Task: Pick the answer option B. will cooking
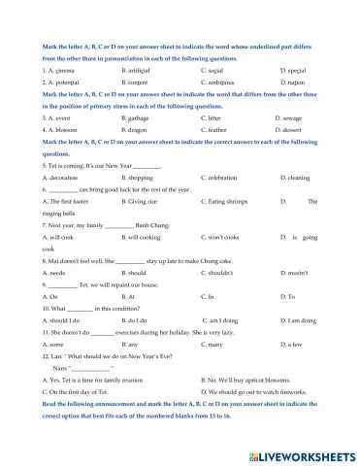(x=144, y=263)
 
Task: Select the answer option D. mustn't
(x=295, y=299)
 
